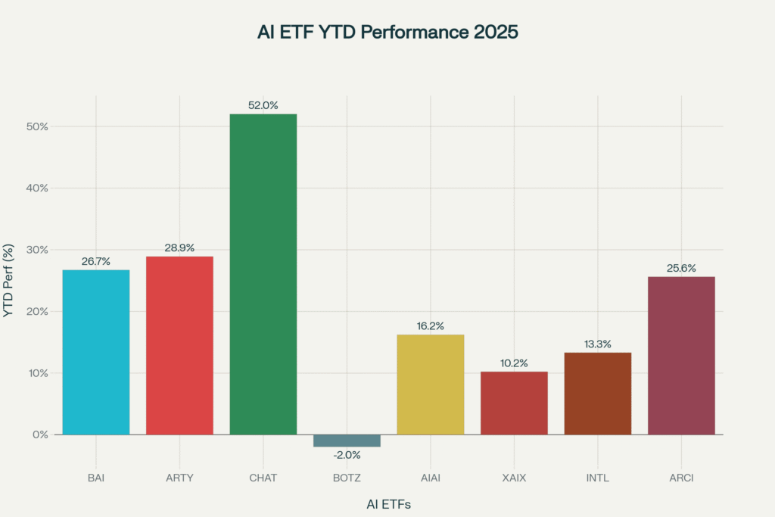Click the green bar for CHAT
263,274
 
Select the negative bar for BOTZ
347,441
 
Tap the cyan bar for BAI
96,352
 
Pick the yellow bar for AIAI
430,385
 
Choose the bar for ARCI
681,355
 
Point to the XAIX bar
514,403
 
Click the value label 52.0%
263,106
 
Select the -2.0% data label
347,455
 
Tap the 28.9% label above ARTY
179,248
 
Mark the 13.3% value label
598,344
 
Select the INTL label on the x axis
598,478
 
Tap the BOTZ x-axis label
347,478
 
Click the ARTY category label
179,478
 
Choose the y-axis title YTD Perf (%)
9,280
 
